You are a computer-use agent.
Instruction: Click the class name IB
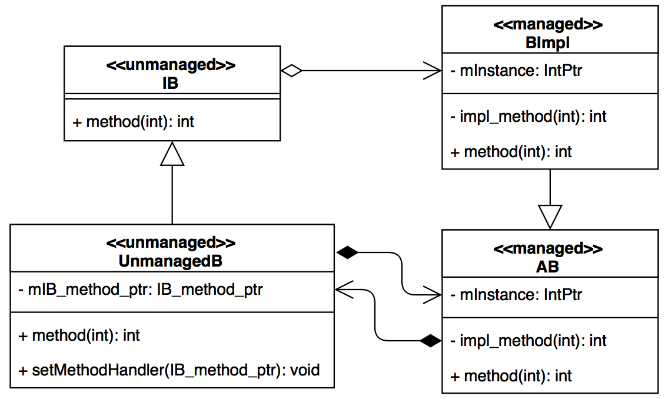pos(170,83)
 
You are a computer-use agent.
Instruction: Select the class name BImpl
pos(549,42)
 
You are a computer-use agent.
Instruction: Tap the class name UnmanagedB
pos(171,261)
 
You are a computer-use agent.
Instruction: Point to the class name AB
pos(548,267)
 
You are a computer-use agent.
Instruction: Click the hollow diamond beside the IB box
pos(291,71)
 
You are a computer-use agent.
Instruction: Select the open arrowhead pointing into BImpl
pos(433,71)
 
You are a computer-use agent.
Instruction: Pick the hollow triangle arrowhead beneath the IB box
pos(172,154)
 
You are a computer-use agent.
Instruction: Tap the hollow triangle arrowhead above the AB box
pos(550,216)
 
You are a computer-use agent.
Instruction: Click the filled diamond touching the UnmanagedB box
pos(347,252)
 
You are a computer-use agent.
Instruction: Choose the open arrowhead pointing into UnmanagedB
pos(344,289)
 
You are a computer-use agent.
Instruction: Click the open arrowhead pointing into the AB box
pos(433,293)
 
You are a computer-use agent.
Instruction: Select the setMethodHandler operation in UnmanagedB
pos(169,370)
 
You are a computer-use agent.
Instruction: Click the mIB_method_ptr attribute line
pos(141,290)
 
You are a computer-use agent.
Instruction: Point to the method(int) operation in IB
pos(133,122)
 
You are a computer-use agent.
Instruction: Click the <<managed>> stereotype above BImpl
pos(549,25)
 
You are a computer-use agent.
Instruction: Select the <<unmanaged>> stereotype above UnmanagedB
pos(171,242)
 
